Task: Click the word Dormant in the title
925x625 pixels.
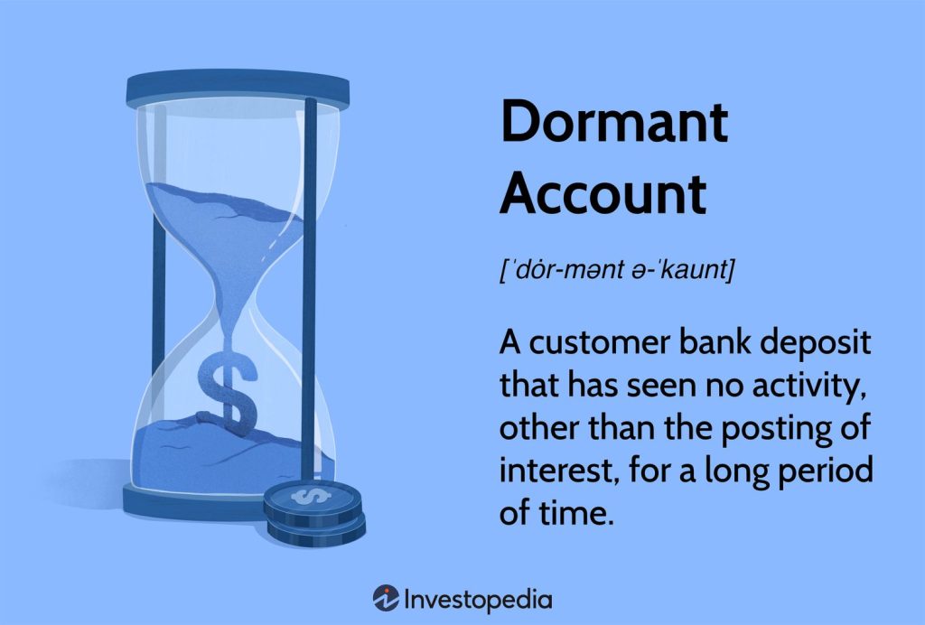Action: [614, 123]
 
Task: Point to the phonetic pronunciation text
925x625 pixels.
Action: [617, 269]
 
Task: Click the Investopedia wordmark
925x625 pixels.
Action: [479, 599]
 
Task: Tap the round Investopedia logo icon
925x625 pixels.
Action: [386, 599]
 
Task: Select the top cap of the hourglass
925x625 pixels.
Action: [238, 89]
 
